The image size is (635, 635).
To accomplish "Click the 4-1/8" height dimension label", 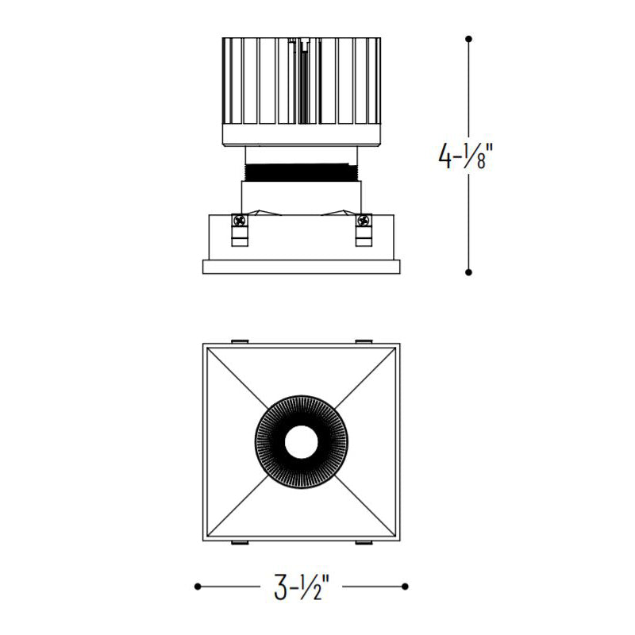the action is (x=466, y=156).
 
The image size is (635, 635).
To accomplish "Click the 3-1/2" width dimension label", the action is (x=302, y=587).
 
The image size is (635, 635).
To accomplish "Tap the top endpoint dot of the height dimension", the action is (x=468, y=39).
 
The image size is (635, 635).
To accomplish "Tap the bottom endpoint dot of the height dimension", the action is (x=468, y=272).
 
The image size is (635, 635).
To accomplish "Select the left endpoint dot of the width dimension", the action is (x=198, y=587).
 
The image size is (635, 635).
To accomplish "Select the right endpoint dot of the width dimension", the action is (x=405, y=587).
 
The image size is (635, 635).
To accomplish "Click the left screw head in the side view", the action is (x=240, y=221).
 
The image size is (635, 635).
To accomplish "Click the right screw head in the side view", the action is (x=364, y=221).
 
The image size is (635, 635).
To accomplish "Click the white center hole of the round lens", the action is (x=302, y=442).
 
